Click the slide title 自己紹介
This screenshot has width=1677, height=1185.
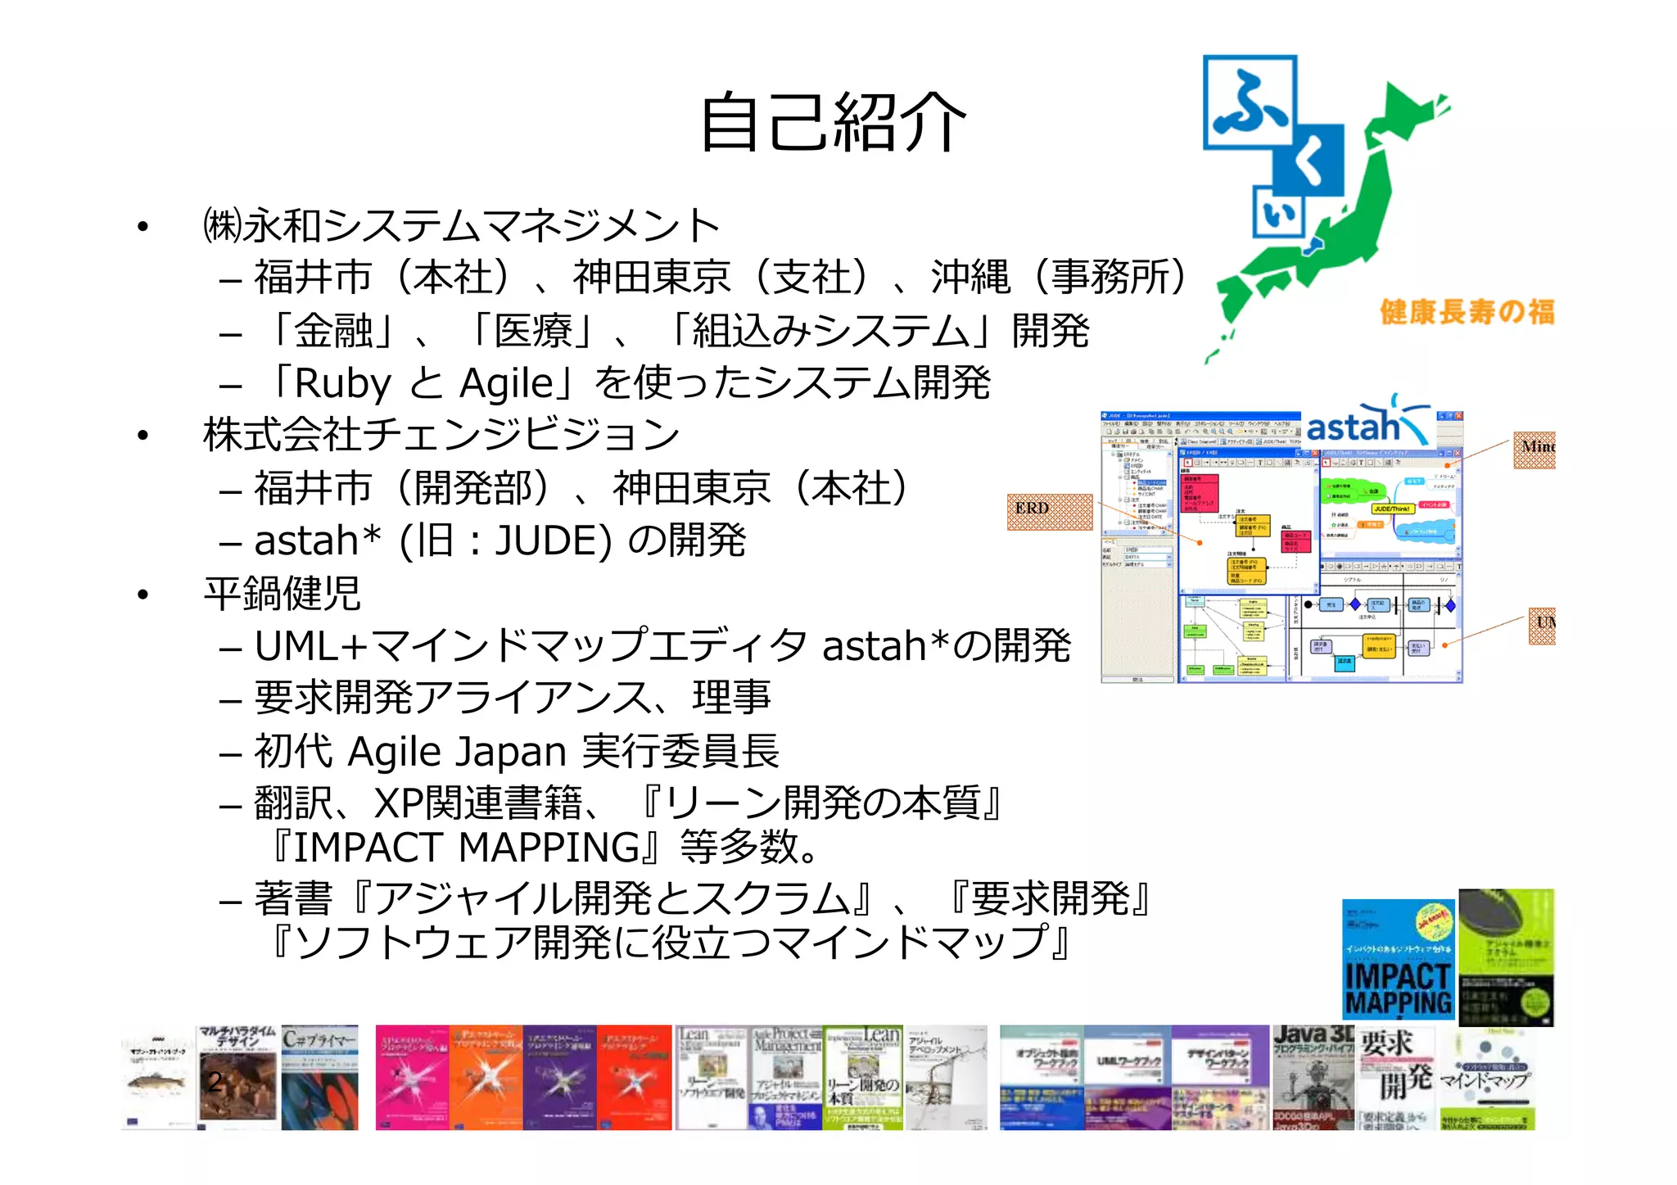[833, 123]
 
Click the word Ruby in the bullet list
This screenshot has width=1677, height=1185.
[342, 383]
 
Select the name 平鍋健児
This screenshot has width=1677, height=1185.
[282, 594]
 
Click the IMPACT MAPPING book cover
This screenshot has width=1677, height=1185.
[1398, 959]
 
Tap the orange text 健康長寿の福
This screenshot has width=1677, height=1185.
[1467, 312]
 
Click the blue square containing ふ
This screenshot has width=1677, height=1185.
[1250, 102]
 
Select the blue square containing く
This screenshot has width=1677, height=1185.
[1309, 161]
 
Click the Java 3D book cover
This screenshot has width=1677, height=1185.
[1313, 1078]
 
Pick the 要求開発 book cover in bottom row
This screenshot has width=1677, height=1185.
[1396, 1078]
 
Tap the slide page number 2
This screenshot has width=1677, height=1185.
[215, 1081]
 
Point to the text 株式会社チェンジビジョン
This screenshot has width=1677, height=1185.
[441, 435]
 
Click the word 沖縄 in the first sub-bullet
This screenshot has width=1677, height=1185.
[970, 277]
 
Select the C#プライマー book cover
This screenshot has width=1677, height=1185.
[320, 1078]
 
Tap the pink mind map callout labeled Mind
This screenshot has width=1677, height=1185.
[1534, 450]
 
